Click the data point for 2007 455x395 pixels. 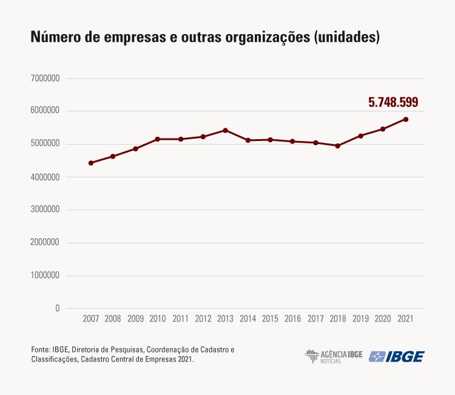point(90,163)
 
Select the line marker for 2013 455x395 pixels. point(225,130)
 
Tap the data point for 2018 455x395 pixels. point(337,146)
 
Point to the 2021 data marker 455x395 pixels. point(405,119)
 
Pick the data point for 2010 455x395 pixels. point(158,139)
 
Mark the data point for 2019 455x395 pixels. point(360,136)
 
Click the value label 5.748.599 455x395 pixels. point(393,102)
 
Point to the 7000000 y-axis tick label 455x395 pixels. point(45,78)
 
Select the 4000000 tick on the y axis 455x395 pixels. point(45,177)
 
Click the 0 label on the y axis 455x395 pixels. point(57,308)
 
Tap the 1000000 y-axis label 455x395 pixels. point(45,275)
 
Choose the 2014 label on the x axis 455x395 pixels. point(248,318)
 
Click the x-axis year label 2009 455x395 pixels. point(135,318)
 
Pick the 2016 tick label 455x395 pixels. point(292,318)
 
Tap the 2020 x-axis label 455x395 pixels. point(383,318)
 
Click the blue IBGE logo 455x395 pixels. point(397,356)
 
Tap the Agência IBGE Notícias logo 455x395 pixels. point(333,356)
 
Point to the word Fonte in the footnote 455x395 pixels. point(40,350)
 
